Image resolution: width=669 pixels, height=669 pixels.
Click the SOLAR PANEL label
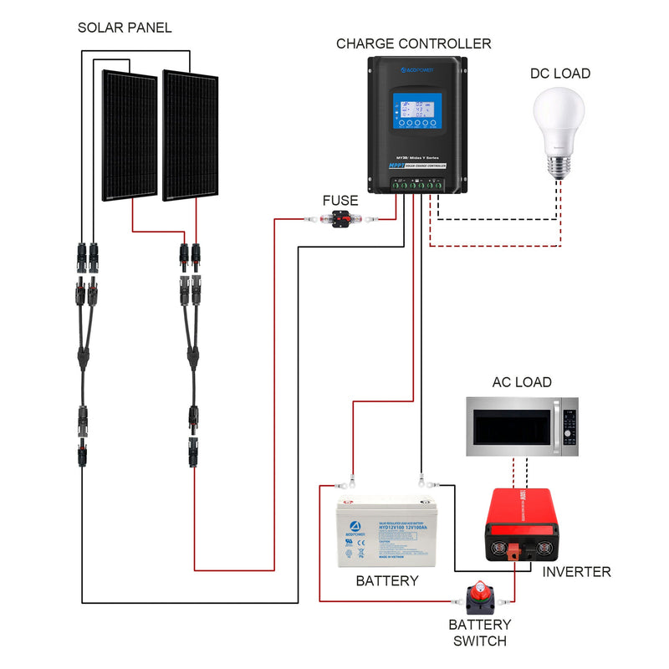click(125, 28)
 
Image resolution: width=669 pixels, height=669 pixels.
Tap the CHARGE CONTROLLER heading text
click(413, 43)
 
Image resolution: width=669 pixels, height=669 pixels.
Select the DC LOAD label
click(559, 74)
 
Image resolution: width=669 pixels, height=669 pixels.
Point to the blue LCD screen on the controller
click(417, 111)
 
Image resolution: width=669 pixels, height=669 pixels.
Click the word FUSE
click(340, 201)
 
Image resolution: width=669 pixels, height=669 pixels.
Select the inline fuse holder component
click(340, 219)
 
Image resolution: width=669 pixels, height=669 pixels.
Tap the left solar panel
click(130, 135)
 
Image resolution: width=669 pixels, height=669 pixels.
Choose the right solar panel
click(190, 135)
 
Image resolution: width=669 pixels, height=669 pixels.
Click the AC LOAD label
click(521, 382)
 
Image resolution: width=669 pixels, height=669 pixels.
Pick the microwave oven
click(521, 426)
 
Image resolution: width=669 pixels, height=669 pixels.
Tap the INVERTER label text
click(576, 572)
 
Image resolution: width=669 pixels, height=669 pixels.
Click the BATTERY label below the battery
click(386, 580)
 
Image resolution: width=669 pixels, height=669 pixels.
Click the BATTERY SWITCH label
click(479, 633)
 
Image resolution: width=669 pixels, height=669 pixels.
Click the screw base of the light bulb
click(559, 167)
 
